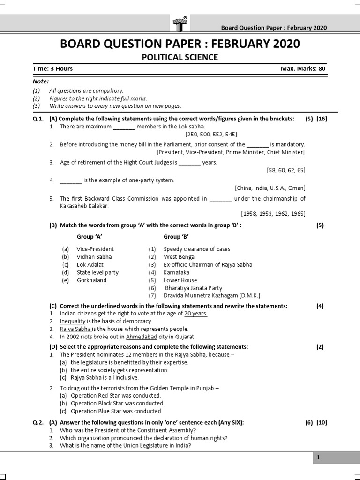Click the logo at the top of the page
click(x=180, y=22)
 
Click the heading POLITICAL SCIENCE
click(x=180, y=57)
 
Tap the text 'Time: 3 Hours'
click(x=52, y=68)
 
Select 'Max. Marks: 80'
click(x=302, y=68)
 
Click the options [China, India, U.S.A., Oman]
click(x=270, y=187)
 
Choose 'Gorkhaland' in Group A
click(x=92, y=280)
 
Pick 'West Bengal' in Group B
click(x=180, y=257)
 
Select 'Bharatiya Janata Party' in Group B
click(x=194, y=288)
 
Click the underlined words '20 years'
click(x=195, y=313)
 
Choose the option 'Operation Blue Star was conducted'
click(x=116, y=411)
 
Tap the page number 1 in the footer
click(x=318, y=458)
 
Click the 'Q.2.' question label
click(x=38, y=422)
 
